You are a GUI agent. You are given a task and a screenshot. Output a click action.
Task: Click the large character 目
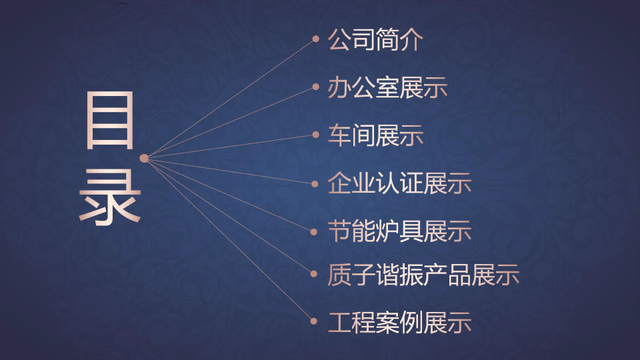[110, 121]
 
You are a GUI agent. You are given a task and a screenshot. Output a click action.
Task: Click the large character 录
[110, 197]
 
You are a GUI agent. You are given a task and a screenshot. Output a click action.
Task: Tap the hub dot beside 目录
[144, 159]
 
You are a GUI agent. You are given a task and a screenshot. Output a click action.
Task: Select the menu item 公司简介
[375, 39]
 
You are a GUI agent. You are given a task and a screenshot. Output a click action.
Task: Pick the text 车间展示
[375, 135]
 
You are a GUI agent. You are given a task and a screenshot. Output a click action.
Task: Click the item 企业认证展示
[399, 183]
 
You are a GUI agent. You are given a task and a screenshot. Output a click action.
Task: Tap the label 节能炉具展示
[399, 231]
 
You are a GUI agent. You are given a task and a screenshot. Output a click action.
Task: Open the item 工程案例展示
[399, 322]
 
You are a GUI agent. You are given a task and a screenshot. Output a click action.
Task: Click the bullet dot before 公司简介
[315, 39]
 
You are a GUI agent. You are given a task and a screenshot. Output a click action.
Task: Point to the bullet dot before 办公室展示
[315, 87]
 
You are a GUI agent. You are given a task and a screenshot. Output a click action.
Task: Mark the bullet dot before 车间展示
[315, 135]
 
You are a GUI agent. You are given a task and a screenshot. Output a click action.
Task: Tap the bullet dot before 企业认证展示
[315, 184]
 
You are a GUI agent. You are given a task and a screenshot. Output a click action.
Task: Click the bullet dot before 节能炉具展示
[314, 232]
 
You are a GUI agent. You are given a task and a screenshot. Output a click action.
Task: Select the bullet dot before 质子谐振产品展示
[314, 274]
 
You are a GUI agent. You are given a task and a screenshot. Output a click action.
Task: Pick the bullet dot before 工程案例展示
[314, 321]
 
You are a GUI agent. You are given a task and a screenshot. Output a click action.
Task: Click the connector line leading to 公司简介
[230, 99]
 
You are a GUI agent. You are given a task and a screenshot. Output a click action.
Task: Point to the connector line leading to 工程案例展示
[229, 239]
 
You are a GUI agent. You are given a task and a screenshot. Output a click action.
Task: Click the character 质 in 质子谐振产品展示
[339, 274]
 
